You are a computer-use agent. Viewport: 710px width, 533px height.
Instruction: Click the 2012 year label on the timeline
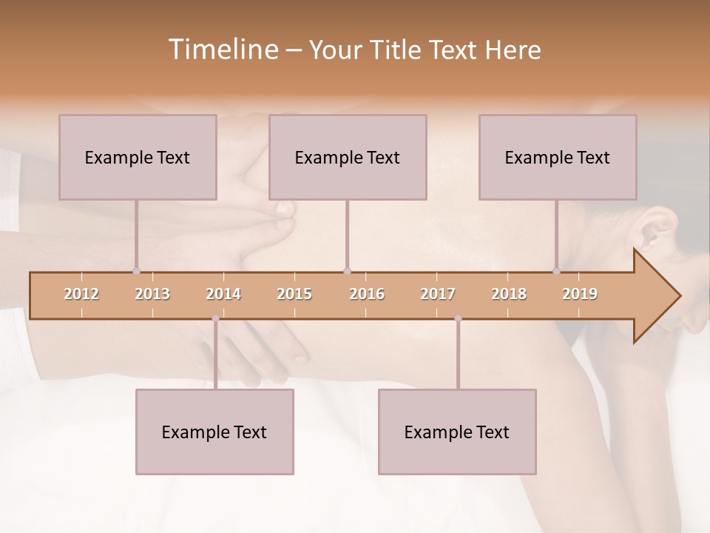point(81,294)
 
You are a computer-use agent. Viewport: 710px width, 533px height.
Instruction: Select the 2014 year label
point(223,294)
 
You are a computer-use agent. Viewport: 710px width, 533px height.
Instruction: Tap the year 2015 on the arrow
point(294,294)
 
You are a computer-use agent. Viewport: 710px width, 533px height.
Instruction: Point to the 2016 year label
point(367,294)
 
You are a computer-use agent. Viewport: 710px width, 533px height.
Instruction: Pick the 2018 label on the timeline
point(509,294)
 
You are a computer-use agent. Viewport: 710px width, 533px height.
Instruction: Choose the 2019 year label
point(580,294)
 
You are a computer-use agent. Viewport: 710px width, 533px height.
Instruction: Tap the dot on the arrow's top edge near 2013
point(136,272)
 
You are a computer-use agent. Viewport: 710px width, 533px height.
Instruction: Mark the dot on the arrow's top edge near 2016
point(347,272)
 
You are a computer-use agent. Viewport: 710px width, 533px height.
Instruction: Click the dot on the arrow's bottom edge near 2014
point(215,318)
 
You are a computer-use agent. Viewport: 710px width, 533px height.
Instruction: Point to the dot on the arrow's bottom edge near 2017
point(458,318)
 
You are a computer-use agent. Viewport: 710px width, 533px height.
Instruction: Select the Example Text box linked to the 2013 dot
point(138,157)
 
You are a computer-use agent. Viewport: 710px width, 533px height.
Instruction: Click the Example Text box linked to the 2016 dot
point(348,157)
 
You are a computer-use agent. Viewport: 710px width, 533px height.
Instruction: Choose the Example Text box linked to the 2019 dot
point(558,157)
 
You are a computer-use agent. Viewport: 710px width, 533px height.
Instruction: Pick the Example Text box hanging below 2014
point(214,432)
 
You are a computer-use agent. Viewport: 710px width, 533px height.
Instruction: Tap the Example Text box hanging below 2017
point(457,432)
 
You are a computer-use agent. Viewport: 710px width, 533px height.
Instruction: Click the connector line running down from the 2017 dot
point(458,355)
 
